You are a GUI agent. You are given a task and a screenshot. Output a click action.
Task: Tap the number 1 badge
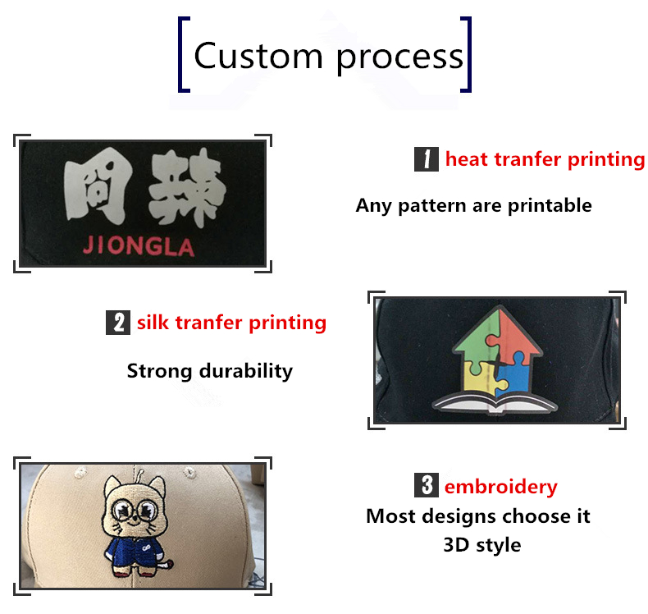[x=426, y=158]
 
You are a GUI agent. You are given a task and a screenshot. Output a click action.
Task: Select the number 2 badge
[x=118, y=323]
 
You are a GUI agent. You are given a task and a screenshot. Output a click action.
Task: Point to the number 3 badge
[x=426, y=486]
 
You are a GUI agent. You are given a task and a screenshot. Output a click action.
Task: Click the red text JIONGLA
[x=139, y=246]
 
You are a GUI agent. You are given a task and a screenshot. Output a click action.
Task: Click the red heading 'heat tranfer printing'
[x=545, y=158]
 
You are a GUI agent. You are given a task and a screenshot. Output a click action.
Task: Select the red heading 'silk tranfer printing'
[x=231, y=323]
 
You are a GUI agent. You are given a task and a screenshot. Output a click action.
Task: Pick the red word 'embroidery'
[x=500, y=487]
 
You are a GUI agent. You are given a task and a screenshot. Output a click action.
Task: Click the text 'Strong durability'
[x=209, y=370]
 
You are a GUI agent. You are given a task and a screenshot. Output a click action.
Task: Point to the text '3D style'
[x=481, y=544]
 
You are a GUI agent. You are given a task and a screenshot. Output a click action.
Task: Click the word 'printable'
[x=550, y=205]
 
